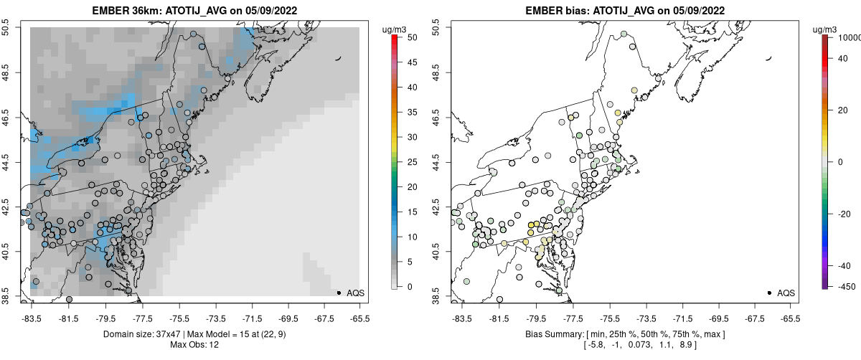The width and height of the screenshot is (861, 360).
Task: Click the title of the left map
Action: pyautogui.click(x=196, y=11)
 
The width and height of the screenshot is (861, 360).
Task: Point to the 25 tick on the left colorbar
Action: pyautogui.click(x=405, y=162)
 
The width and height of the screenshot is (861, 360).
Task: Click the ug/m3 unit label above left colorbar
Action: pyautogui.click(x=394, y=29)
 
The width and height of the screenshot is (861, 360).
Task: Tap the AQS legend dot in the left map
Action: pyautogui.click(x=339, y=293)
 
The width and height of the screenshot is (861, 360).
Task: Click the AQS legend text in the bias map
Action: pyautogui.click(x=786, y=293)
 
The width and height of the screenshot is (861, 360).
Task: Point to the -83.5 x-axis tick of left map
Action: pyautogui.click(x=31, y=318)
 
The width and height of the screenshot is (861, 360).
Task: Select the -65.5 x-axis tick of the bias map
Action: pyautogui.click(x=790, y=318)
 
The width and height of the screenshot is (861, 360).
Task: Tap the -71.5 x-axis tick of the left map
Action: pyautogui.click(x=251, y=318)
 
